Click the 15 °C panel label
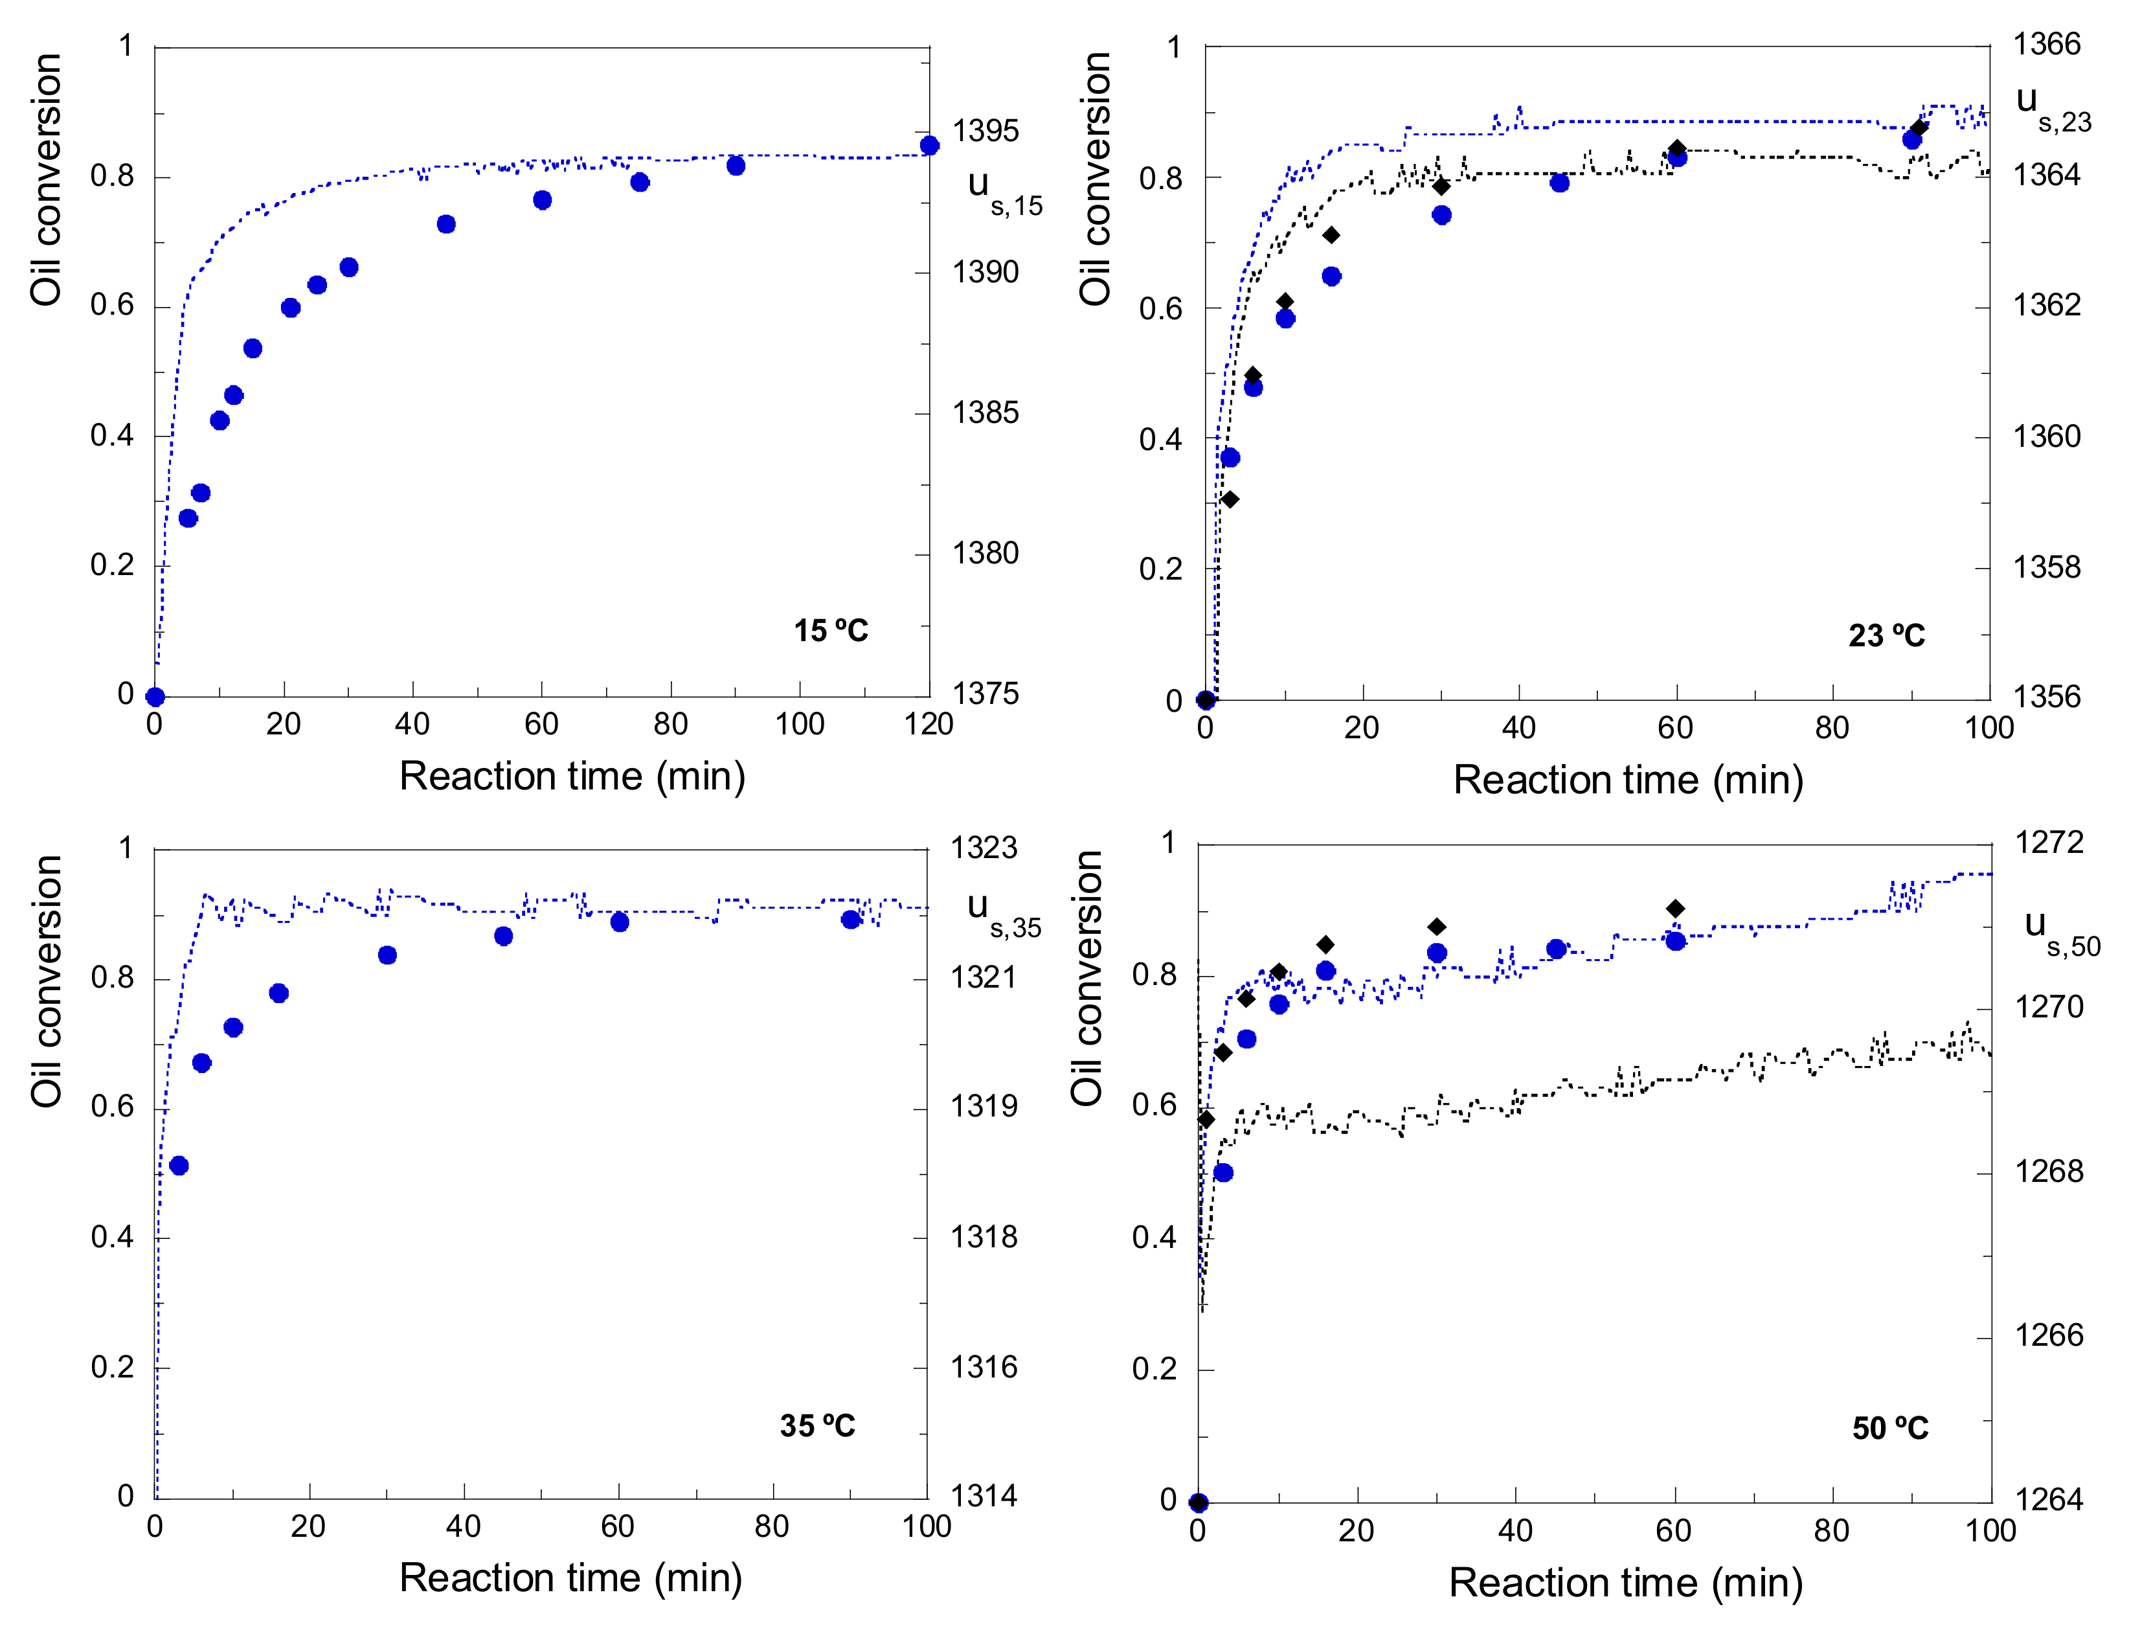tap(830, 631)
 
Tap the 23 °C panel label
tap(1886, 635)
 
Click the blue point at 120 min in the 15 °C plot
tap(930, 146)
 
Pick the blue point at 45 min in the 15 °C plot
tap(445, 224)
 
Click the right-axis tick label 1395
tap(985, 131)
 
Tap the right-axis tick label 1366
tap(2046, 45)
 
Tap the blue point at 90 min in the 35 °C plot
tap(851, 919)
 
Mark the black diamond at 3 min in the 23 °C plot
tap(1230, 499)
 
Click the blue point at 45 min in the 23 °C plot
tap(1560, 183)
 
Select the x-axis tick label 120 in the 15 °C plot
tap(929, 724)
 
